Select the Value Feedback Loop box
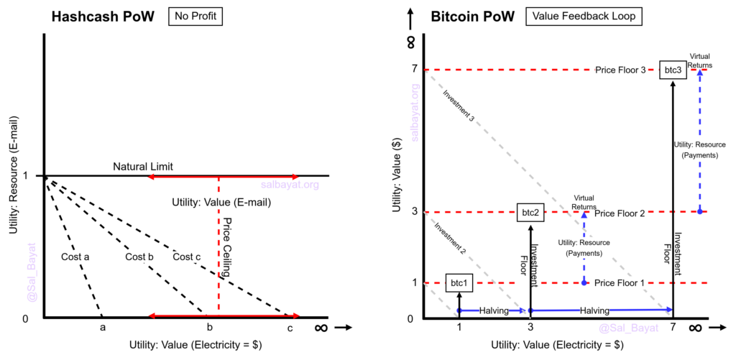584,17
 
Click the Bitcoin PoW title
473,17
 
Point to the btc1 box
459,283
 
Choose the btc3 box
672,70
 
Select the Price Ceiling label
228,247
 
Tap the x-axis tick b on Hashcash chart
210,328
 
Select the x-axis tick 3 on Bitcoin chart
530,327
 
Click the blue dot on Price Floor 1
584,283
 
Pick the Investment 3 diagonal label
459,106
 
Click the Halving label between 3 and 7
594,310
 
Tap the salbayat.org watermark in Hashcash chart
290,185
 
